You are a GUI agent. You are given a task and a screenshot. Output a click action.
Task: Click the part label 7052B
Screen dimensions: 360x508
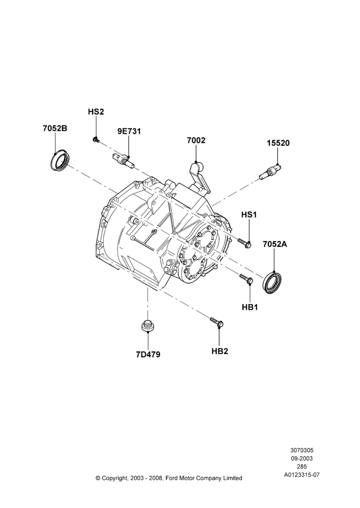pos(55,129)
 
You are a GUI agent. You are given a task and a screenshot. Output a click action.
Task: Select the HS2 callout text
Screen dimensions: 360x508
pos(96,112)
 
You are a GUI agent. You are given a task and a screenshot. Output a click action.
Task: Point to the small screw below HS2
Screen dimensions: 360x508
pos(96,139)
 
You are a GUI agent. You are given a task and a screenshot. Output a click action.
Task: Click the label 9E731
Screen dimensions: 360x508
pos(129,131)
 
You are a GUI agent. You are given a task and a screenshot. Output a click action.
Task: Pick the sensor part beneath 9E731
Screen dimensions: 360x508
pos(122,161)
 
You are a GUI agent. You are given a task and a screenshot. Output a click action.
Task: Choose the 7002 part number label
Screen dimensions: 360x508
pos(196,140)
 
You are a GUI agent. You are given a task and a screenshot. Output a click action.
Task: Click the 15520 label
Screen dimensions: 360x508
pos(278,143)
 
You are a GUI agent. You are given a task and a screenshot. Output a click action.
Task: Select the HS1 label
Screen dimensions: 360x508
pos(249,214)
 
